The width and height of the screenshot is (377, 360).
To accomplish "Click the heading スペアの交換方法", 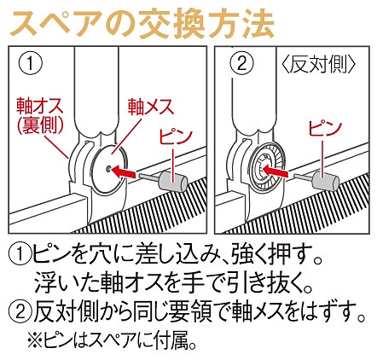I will (x=140, y=23).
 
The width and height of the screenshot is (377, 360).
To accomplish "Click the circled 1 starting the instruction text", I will (x=20, y=253).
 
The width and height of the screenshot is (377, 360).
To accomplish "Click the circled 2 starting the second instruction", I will (x=20, y=310).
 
